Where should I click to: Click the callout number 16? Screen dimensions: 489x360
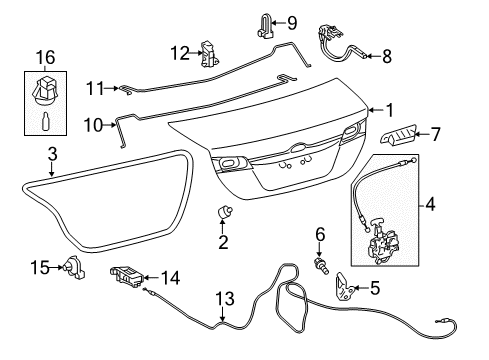tap(45, 57)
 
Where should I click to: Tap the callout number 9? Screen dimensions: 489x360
tap(292, 23)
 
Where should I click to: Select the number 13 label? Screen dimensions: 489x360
tap(225, 299)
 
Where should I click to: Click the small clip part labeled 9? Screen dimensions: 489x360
tap(265, 26)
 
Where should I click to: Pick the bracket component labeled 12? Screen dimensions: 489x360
tap(209, 54)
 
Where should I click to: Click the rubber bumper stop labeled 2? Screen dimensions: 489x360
tap(224, 212)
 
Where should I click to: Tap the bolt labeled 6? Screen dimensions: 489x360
tap(322, 266)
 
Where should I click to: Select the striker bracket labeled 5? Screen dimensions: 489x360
tap(344, 286)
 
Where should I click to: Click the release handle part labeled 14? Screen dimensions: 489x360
tap(127, 276)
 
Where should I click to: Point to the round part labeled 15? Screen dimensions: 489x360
tap(75, 267)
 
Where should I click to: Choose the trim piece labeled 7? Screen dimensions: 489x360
tap(398, 136)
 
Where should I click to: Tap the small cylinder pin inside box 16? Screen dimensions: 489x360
tap(46, 122)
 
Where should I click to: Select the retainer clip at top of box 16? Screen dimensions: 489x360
tap(46, 90)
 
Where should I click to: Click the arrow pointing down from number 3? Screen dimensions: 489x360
tap(51, 169)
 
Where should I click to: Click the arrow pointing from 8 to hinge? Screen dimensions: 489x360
tap(373, 56)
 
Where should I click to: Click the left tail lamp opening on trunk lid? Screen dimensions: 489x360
tap(229, 163)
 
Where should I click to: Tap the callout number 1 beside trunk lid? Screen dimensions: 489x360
tap(389, 110)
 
